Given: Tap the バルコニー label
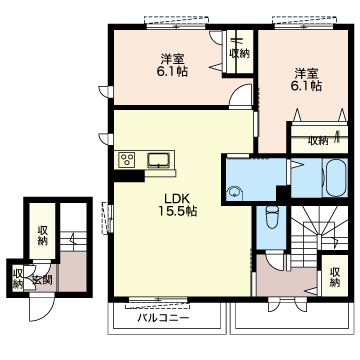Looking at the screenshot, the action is coord(163,317).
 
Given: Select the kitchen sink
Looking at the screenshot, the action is coord(159,160).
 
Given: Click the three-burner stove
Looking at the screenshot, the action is coord(128,160).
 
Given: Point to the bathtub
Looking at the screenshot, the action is coord(336,177).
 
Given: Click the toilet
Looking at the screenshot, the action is coord(272,217).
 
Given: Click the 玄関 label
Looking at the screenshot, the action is coord(42,281).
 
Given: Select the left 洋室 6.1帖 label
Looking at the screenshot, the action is coord(172,65).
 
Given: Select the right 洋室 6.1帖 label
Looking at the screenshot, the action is coord(306,79).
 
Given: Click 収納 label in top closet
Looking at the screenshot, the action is coord(239,53).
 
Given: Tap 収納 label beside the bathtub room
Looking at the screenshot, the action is coord(318,141).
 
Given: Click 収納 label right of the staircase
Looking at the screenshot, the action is coord(335,277).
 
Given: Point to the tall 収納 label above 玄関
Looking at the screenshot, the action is coord(42,235).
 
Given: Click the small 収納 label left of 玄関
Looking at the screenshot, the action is coord(17,278).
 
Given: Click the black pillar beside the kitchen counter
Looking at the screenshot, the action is coord(129,176).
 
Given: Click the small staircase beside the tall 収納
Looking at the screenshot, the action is coord(73,241).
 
